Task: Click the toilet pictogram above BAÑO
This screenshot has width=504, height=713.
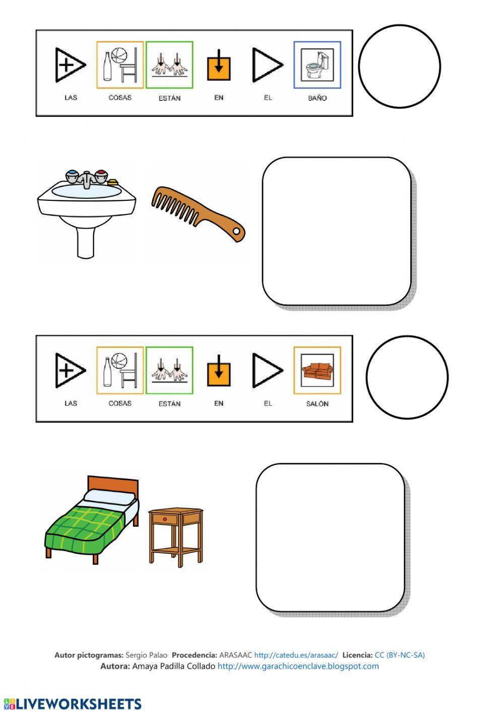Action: coord(317,65)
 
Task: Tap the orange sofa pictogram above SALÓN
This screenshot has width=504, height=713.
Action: coord(318,371)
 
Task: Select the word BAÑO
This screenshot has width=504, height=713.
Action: coord(317,98)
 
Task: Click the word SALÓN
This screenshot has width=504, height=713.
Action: coord(317,404)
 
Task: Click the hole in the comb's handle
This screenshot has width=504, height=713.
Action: coord(236,231)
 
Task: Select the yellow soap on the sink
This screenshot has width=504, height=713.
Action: coord(113,182)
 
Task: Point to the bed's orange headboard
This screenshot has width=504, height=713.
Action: coord(113,486)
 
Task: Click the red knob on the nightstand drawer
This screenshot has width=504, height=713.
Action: coord(164,519)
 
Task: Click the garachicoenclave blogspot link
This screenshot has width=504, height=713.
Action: coord(298,666)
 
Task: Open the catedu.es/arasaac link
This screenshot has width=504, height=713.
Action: coord(296,655)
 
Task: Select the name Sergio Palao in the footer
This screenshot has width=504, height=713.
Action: coord(146,655)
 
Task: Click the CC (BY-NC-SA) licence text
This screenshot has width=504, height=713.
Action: coord(400,655)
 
